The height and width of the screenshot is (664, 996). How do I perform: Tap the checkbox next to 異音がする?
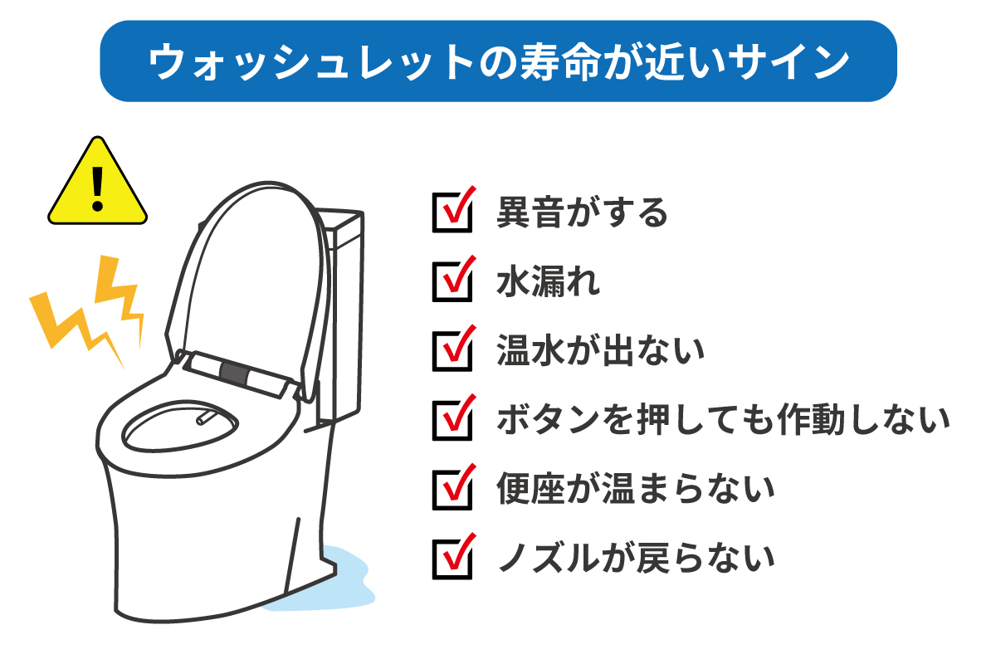[x=452, y=212]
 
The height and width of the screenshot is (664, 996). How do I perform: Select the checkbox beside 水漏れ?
[x=452, y=282]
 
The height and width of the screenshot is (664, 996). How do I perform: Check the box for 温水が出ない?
[x=452, y=351]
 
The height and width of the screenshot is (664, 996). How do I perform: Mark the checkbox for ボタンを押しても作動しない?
[x=452, y=421]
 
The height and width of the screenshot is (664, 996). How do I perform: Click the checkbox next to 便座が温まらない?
[x=452, y=490]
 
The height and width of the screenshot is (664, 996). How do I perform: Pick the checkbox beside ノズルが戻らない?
[x=452, y=559]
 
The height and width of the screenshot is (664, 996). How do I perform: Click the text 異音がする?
[x=582, y=212]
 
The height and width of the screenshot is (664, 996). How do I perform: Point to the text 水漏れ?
[x=549, y=281]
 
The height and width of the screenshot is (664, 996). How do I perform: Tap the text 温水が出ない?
[x=601, y=351]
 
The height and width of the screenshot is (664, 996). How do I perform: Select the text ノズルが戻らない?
[x=637, y=559]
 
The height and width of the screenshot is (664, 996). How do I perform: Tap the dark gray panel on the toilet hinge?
[x=234, y=373]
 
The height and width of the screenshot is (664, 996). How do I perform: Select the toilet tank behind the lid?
[x=342, y=311]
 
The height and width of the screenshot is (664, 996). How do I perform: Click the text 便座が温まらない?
[x=636, y=489]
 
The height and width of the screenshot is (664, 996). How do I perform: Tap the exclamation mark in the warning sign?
[x=97, y=189]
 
